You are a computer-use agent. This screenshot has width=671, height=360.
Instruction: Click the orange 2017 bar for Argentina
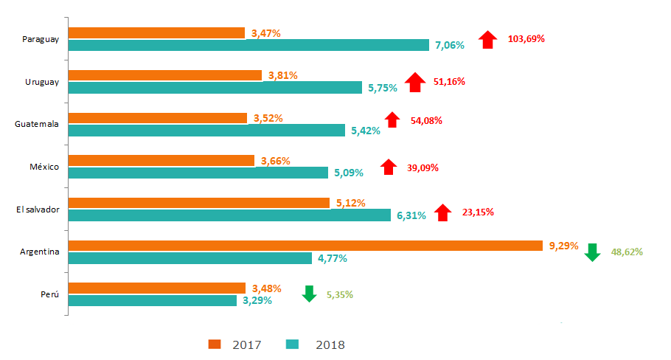click(x=306, y=246)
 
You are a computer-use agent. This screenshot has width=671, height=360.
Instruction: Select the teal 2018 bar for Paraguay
click(x=248, y=45)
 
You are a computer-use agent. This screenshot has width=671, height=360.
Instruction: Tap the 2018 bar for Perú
click(x=153, y=300)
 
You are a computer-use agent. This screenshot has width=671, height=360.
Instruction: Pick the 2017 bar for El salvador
click(x=199, y=203)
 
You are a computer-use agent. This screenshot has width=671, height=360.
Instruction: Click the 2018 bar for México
click(x=198, y=173)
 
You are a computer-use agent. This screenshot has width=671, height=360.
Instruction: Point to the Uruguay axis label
click(x=41, y=82)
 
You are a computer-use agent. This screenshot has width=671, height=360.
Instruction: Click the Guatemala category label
click(x=37, y=124)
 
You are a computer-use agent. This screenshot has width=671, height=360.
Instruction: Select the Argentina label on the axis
click(x=40, y=252)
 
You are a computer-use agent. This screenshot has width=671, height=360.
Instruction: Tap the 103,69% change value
click(x=526, y=38)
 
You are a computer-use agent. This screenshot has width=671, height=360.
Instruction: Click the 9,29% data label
click(x=563, y=245)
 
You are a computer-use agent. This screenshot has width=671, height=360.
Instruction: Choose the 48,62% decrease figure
click(x=627, y=252)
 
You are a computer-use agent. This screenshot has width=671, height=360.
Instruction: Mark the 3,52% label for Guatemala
click(x=268, y=118)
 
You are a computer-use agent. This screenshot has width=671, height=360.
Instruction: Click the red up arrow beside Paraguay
click(x=487, y=39)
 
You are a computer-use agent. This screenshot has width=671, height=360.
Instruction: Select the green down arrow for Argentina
click(x=592, y=252)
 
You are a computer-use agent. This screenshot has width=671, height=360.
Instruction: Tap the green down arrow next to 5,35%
click(x=310, y=294)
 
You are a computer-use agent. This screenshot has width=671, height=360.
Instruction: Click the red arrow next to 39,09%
click(x=388, y=167)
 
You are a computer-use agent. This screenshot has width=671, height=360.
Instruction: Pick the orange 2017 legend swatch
click(x=215, y=344)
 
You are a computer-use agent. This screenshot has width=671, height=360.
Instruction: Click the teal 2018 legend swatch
click(x=292, y=344)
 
